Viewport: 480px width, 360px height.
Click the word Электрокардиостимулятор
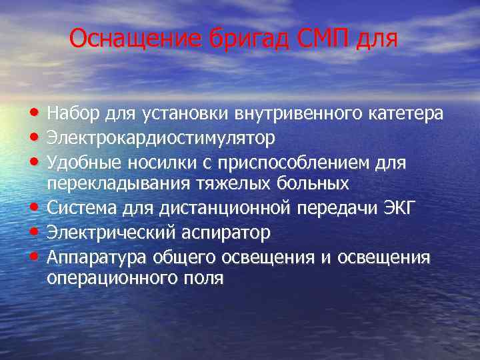pos(161,139)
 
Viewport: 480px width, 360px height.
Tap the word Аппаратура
pos(97,257)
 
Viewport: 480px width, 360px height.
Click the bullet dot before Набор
pos(34,114)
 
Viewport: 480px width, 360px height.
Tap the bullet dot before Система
pos(34,208)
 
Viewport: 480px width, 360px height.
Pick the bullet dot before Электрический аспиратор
pos(34,233)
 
